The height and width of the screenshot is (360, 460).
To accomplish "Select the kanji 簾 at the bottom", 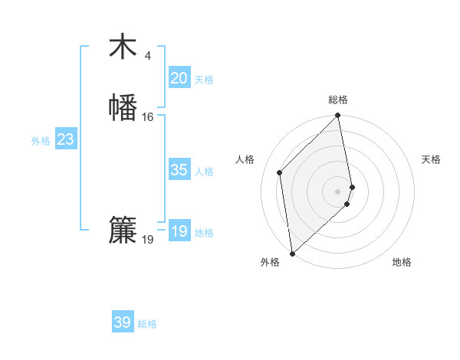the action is [123, 231].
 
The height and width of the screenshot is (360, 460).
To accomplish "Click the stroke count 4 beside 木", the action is [147, 55].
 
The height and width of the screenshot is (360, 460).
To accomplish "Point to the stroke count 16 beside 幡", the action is [147, 117].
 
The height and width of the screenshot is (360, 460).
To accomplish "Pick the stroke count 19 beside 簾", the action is [147, 240].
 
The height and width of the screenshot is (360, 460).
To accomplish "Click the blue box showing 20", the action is [179, 78].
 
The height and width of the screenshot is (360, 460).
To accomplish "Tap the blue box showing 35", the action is [179, 170].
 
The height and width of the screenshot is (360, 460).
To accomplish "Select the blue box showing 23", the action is [65, 139].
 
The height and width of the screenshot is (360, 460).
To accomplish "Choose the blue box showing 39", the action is [123, 322].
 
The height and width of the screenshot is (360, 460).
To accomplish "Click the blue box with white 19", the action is [179, 231].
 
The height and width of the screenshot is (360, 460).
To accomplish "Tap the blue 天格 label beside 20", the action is [204, 80].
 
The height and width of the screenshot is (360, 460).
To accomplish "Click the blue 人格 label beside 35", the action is [204, 172].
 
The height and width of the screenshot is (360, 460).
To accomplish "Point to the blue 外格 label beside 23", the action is [41, 141].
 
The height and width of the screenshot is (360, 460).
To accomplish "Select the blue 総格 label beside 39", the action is [147, 324].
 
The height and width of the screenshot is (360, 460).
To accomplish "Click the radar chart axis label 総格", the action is [338, 100].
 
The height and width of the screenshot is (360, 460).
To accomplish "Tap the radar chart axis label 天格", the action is [432, 159].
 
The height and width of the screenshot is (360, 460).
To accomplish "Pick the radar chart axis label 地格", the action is [402, 262].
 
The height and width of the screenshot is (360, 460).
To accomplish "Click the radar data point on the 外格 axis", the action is [292, 253].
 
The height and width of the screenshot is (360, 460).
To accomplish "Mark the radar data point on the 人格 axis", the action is [280, 172].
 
